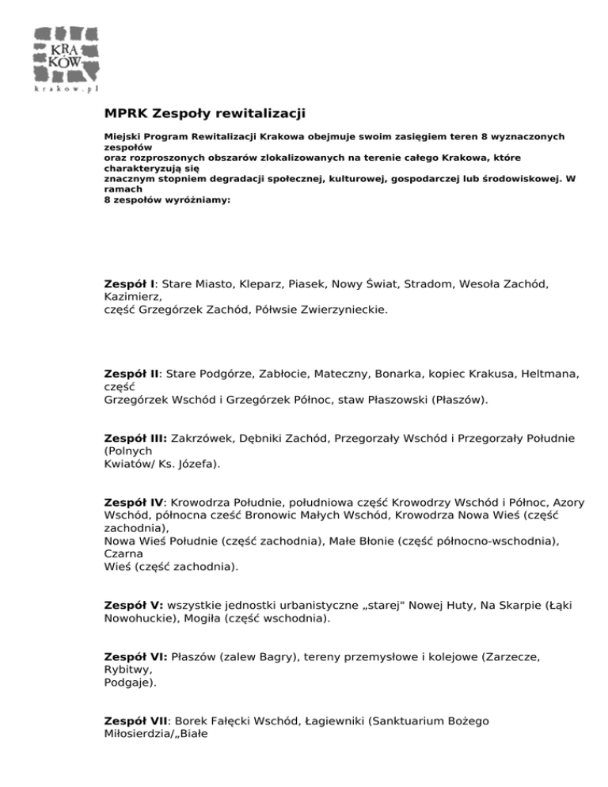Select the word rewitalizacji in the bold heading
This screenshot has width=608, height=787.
click(260, 116)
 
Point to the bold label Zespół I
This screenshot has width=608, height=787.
click(131, 283)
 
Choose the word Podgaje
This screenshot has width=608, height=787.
click(128, 685)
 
